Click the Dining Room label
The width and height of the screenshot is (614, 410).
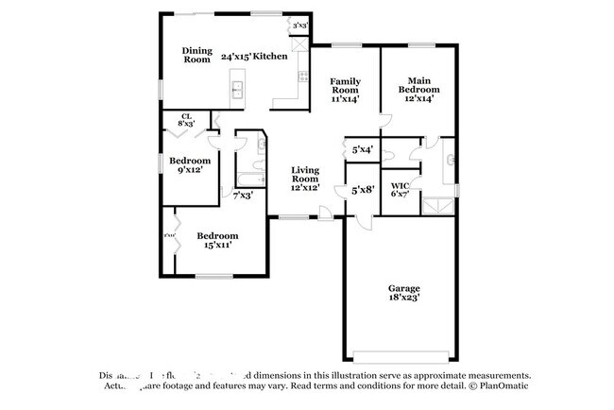point(196,55)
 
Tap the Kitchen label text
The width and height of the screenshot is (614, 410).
point(270,57)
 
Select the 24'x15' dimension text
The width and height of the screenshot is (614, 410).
point(235,57)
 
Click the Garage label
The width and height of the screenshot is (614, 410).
point(404,288)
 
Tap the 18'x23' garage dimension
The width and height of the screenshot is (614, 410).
point(404,298)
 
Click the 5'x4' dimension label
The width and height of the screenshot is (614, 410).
point(362,149)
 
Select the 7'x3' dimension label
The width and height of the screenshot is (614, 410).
point(243,195)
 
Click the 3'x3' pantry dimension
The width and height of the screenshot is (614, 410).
point(301,26)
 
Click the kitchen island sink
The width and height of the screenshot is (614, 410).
point(238,90)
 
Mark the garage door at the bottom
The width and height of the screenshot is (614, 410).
point(404,356)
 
